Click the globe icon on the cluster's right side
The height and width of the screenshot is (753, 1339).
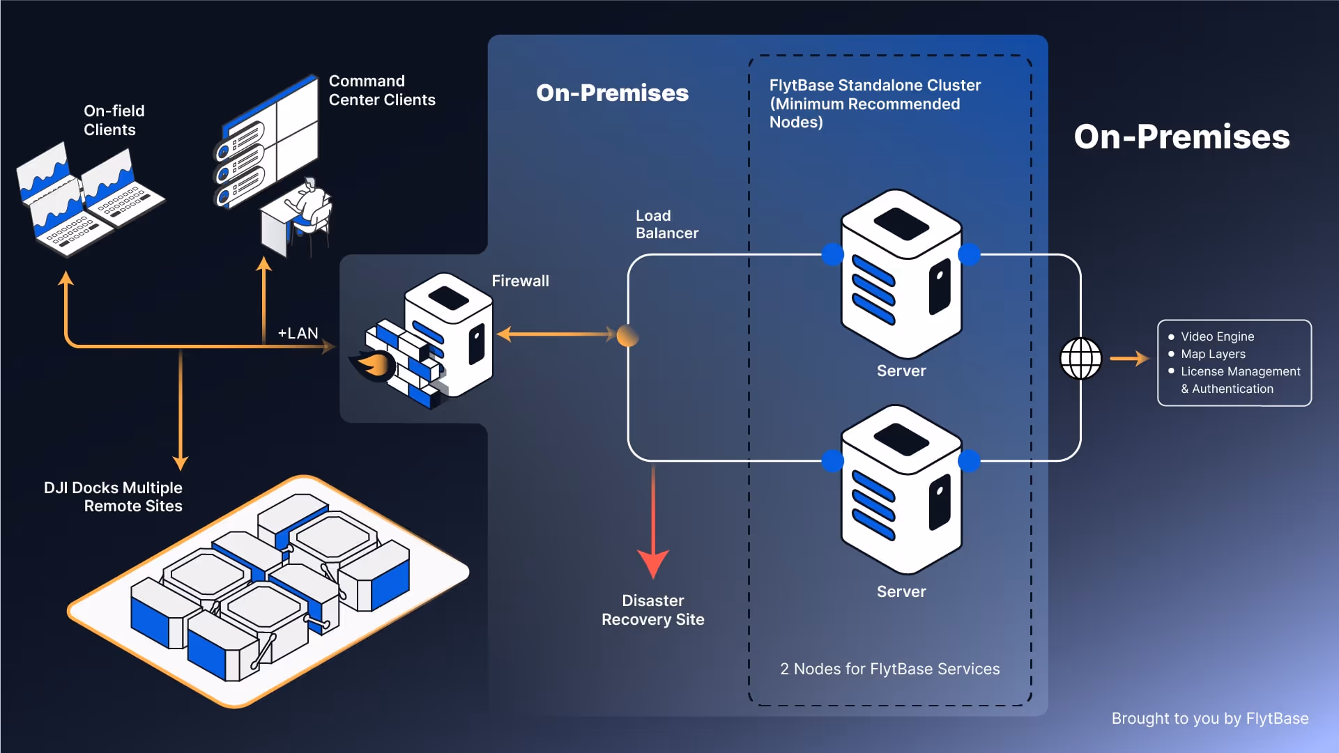[1080, 359]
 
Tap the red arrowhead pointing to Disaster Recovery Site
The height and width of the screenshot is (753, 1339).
[653, 564]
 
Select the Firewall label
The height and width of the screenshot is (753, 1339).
[520, 281]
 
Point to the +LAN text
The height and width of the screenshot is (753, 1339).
[298, 333]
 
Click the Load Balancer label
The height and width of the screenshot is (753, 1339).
[666, 224]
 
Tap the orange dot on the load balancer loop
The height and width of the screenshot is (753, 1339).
[627, 336]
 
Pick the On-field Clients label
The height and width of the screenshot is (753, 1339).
[114, 120]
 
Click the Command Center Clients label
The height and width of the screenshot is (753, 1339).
[382, 91]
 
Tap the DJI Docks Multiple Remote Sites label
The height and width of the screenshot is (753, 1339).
[113, 497]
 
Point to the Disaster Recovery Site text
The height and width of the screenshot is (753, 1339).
[653, 610]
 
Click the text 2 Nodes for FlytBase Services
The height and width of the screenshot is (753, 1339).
[889, 669]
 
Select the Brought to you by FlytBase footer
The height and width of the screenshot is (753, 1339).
[1210, 718]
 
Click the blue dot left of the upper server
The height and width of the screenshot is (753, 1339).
[832, 254]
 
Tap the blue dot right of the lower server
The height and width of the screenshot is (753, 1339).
[969, 460]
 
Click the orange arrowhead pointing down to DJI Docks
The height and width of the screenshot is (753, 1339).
[181, 463]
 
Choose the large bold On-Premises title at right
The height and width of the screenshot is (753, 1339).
[1181, 137]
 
